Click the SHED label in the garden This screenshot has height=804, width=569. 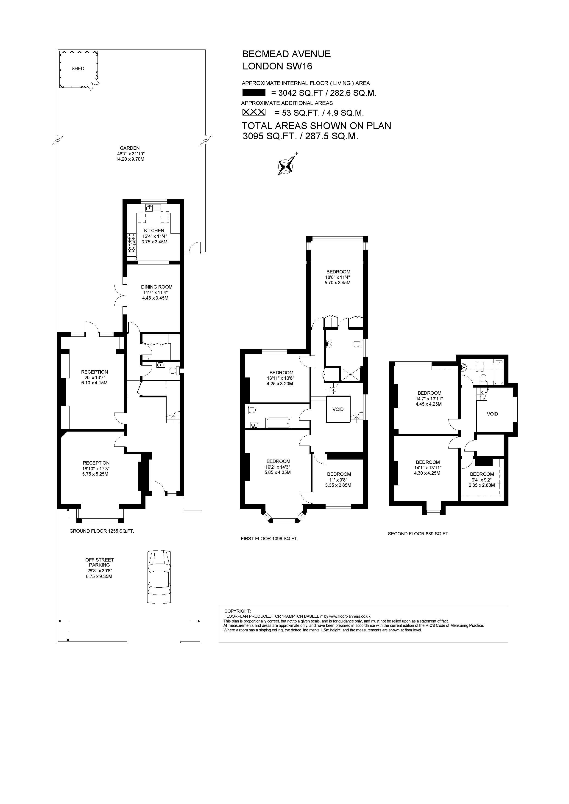click(x=78, y=69)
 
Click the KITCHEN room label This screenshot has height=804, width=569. click(x=154, y=230)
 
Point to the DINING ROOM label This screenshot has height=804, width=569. click(x=157, y=287)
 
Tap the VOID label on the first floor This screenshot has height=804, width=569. click(x=338, y=409)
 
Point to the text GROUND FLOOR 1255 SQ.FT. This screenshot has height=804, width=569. click(x=102, y=531)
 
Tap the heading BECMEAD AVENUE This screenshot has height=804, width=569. click(x=286, y=54)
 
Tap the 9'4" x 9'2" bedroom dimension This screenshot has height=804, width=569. click(x=481, y=480)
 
